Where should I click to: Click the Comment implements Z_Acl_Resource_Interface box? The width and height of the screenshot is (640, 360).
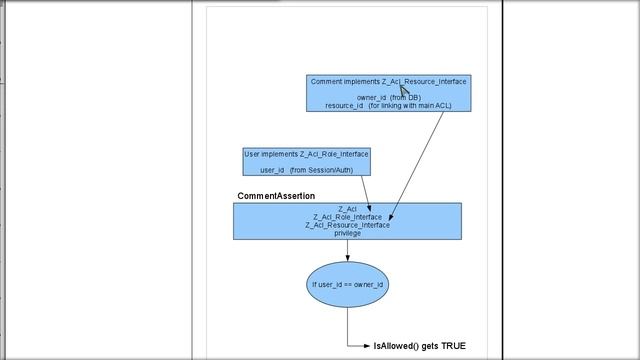coord(388,92)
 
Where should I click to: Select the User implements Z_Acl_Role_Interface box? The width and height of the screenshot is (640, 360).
coord(306,162)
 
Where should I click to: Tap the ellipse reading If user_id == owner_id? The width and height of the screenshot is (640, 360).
coord(347,285)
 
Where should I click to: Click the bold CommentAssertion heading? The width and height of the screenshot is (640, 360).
coord(276,196)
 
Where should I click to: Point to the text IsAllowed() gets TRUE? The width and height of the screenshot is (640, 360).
coord(419,346)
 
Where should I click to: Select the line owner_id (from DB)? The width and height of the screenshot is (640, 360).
coord(388,97)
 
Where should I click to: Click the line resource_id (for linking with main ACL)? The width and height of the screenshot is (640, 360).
coord(388,105)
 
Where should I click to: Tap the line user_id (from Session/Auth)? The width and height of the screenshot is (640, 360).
coord(306,170)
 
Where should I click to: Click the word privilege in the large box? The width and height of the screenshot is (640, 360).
coord(347,233)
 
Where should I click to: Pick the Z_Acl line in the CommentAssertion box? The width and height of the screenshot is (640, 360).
coord(347,209)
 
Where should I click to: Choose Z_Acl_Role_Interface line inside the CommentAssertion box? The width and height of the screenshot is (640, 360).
coord(347,217)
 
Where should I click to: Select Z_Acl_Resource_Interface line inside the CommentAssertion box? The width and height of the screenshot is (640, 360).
coord(347,225)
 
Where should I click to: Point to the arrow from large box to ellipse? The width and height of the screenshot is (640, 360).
coord(347,250)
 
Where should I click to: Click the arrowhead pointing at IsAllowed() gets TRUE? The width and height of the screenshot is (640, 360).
coord(367,346)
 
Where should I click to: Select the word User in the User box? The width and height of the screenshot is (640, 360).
coord(254,154)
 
